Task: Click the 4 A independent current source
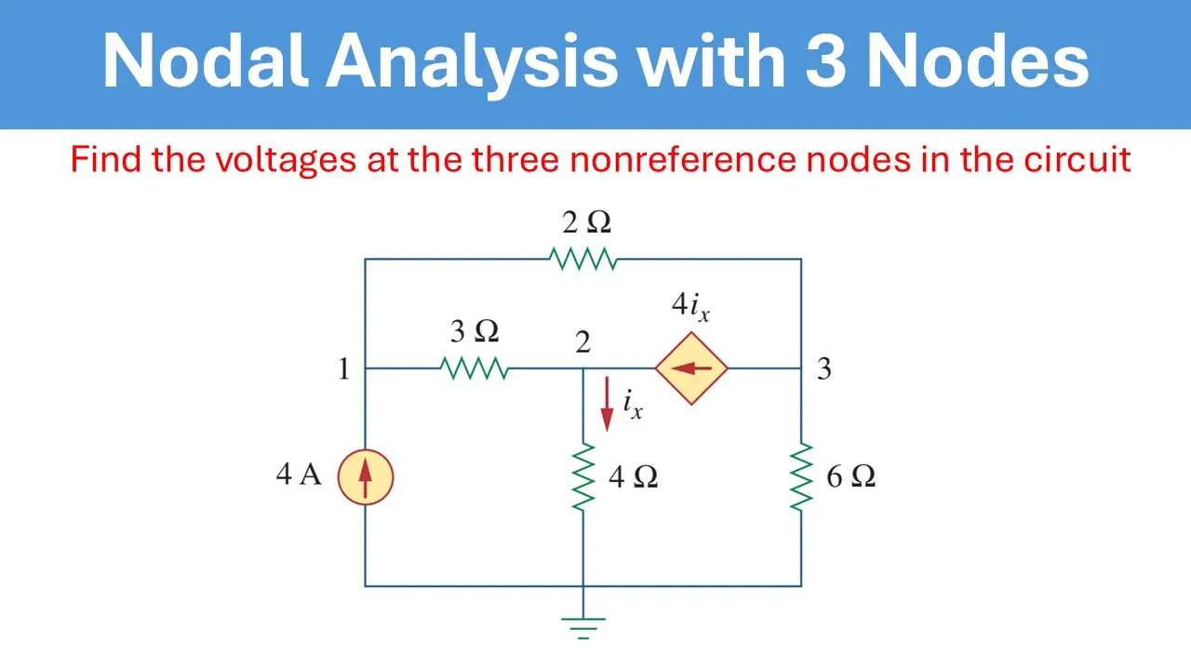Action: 365,477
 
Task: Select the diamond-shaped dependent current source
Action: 691,368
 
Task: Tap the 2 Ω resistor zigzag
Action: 583,259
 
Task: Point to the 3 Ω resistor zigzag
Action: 475,368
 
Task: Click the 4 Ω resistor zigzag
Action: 583,476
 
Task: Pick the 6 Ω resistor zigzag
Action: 801,476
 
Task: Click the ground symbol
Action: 583,627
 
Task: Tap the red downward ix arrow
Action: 607,404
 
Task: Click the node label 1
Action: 343,369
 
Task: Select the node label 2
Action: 582,342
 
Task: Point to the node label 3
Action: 823,369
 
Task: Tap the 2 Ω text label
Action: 586,223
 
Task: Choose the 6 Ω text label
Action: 850,477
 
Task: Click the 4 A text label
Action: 299,476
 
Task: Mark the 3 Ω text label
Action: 475,331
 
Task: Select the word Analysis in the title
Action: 470,61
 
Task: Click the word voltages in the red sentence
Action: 286,160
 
